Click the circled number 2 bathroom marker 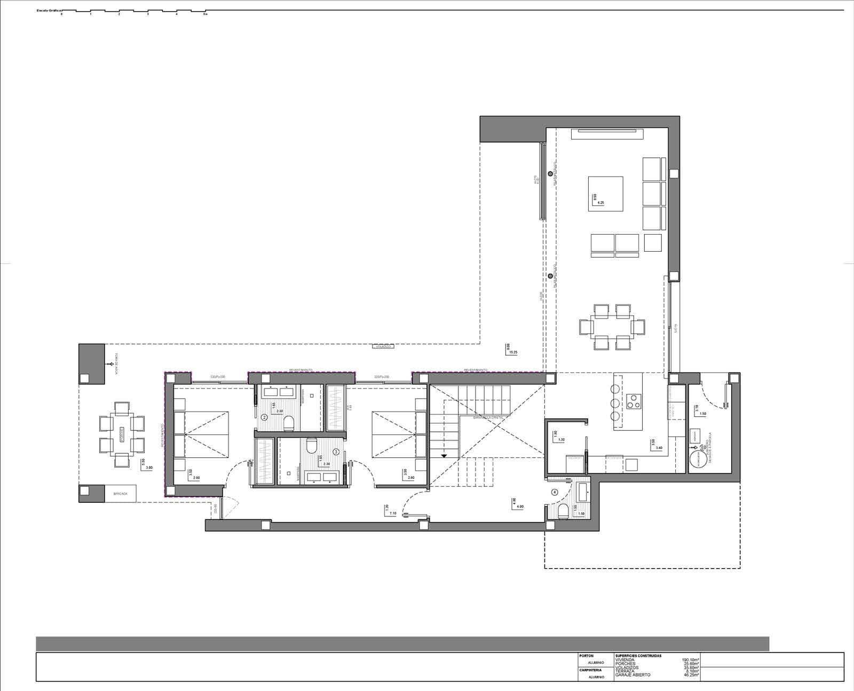tap(264, 417)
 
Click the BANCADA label tap(120, 494)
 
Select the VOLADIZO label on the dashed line tap(383, 347)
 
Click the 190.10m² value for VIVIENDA tap(690, 660)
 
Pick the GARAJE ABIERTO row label tap(632, 675)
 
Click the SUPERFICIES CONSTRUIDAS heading tap(638, 656)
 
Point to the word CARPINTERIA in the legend tap(590, 670)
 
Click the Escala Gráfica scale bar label tap(48, 11)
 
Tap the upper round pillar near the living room tap(550, 173)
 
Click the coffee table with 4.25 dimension tap(606, 193)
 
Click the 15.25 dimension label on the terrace tap(513, 352)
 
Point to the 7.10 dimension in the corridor tap(392, 513)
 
